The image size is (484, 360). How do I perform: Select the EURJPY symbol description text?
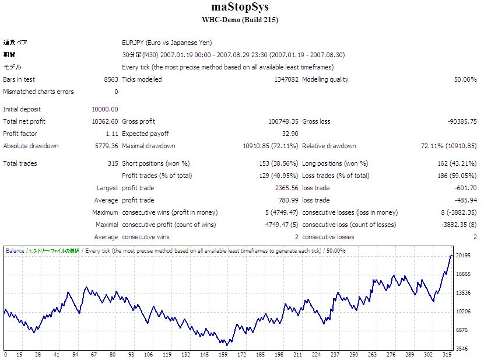coord(167,43)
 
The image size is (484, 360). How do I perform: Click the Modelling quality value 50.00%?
coord(465,79)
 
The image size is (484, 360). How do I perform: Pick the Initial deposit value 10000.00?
coord(105,109)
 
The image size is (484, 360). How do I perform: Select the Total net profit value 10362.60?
coord(105,121)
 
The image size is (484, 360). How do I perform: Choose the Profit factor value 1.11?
coord(111,134)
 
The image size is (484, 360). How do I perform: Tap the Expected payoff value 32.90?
coord(290,134)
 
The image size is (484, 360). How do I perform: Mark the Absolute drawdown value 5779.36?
coord(107,146)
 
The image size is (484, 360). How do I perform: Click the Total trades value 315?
coord(113,163)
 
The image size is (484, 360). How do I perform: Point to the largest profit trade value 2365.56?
coord(286,188)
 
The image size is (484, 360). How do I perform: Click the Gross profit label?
coord(138,121)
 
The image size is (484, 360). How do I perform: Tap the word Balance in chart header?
coord(15,251)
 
